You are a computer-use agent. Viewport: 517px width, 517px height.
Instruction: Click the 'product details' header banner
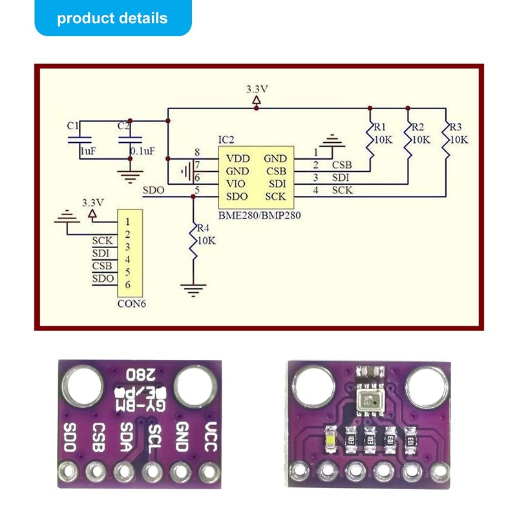pyautogui.click(x=112, y=18)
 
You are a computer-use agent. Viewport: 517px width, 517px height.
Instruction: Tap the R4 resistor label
pyautogui.click(x=203, y=228)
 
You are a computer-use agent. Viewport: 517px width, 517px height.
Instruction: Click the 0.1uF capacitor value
pyautogui.click(x=142, y=151)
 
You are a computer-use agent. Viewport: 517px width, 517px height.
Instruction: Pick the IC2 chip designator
pyautogui.click(x=226, y=140)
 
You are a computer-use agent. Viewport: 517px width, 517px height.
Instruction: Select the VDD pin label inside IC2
pyautogui.click(x=237, y=158)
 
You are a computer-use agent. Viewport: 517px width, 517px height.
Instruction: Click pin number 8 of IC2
pyautogui.click(x=197, y=152)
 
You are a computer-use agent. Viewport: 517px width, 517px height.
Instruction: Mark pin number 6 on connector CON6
pyautogui.click(x=128, y=284)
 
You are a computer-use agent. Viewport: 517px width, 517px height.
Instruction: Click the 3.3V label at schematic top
pyautogui.click(x=257, y=89)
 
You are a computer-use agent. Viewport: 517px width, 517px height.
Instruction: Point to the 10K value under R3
pyautogui.click(x=459, y=139)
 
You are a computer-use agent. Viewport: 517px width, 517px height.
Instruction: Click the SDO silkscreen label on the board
pyautogui.click(x=71, y=438)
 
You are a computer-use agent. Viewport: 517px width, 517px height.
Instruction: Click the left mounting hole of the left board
pyautogui.click(x=81, y=386)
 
